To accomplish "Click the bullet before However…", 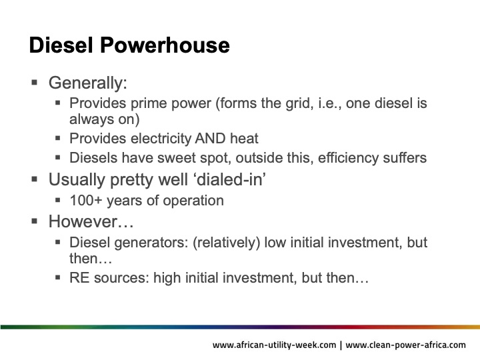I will tap(35, 221).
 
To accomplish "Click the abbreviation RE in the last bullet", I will tap(79, 278).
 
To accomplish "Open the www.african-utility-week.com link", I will tap(274, 345).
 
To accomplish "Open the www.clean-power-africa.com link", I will tap(406, 345).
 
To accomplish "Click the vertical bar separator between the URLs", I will tap(341, 345).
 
